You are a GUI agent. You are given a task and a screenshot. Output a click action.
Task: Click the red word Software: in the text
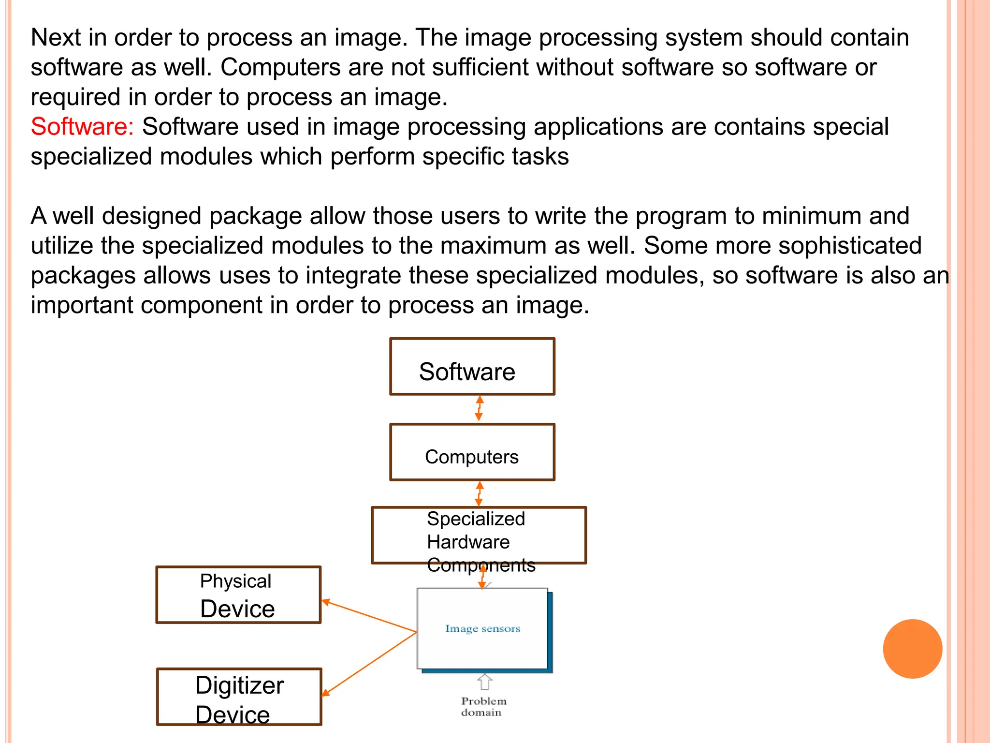82,127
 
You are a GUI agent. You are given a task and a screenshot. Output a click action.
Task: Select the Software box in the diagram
472,367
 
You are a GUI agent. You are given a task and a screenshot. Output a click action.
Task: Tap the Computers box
472,452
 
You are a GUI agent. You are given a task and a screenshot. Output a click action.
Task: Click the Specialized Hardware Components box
479,535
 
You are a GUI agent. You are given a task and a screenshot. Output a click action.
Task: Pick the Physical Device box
238,595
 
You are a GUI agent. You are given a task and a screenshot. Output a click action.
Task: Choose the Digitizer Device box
239,697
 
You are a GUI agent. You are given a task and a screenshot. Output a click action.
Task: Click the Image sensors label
482,629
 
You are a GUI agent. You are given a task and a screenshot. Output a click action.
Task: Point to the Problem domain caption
482,707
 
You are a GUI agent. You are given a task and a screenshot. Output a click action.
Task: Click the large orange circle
912,649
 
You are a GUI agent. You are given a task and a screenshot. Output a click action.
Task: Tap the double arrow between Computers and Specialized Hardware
479,493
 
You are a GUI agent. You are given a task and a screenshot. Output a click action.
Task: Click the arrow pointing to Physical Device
368,617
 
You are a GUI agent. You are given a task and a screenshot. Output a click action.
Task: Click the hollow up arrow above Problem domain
484,682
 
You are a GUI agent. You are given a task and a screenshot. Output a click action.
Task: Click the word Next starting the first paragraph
56,38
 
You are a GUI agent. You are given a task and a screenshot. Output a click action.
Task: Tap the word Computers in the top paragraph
280,68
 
